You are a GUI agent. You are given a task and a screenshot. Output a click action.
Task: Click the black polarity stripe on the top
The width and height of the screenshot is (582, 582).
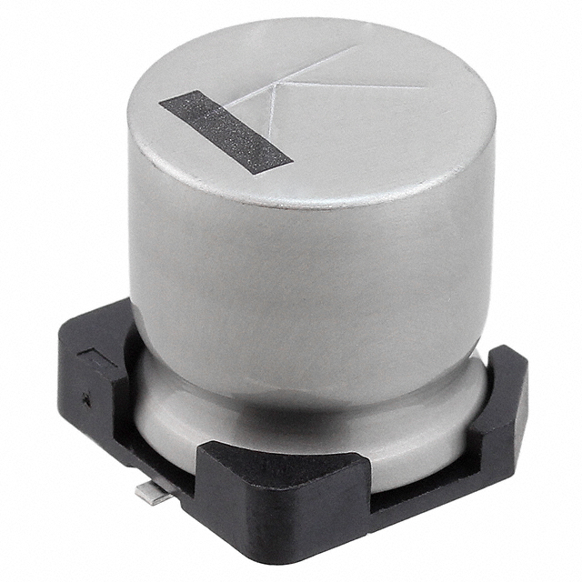(225, 133)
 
